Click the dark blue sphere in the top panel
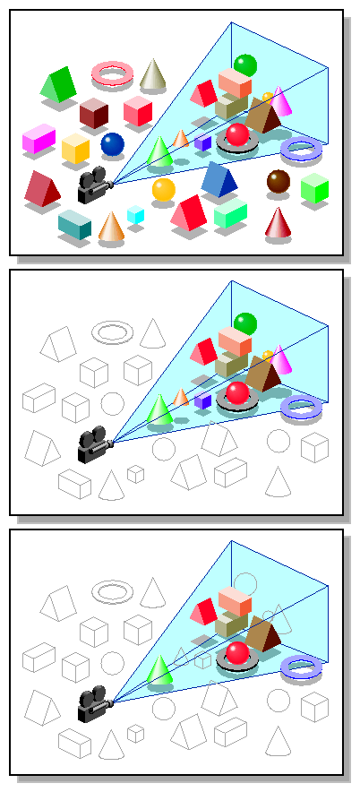[x=112, y=143]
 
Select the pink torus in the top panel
[x=113, y=73]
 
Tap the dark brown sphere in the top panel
[x=278, y=180]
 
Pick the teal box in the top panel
[x=74, y=224]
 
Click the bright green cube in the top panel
[x=314, y=187]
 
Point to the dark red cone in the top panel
[x=279, y=224]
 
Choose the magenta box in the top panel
[x=39, y=139]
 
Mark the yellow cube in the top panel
[x=75, y=149]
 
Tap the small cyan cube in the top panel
[x=135, y=214]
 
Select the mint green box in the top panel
[x=230, y=212]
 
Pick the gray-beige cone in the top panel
[x=153, y=74]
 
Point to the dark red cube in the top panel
[x=93, y=113]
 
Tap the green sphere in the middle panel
[x=244, y=323]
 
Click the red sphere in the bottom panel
[x=237, y=651]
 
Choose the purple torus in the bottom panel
[x=301, y=667]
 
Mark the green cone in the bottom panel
[x=159, y=669]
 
